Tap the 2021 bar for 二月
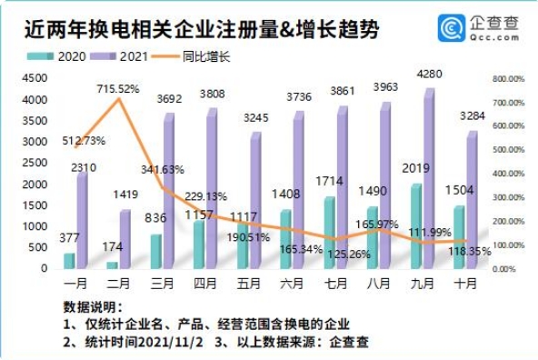point(125,239)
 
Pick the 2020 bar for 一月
point(69,261)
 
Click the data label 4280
point(429,73)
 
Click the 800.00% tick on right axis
point(509,79)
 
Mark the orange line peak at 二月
point(117,98)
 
